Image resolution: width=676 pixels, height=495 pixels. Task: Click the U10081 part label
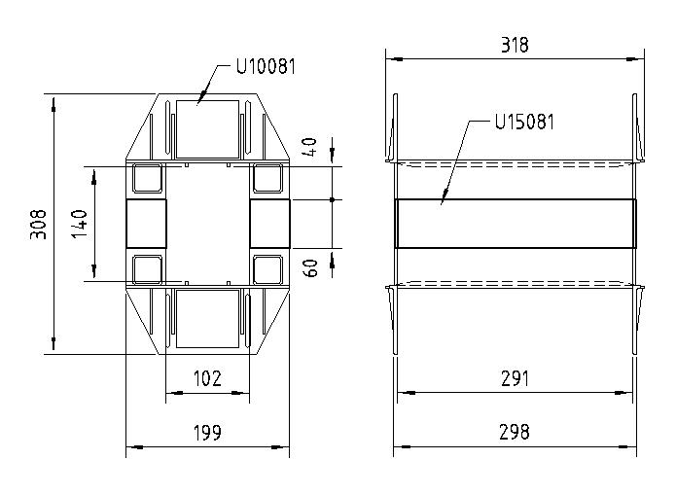click(266, 67)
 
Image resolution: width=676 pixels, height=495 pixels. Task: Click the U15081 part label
click(525, 123)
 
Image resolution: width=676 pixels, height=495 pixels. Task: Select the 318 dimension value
click(516, 45)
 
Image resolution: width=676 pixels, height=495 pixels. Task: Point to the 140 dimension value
click(80, 225)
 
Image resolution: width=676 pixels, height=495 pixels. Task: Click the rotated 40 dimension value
click(311, 148)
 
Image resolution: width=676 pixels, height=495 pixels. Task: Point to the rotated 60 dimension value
click(311, 267)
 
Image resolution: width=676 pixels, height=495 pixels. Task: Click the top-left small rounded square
click(148, 179)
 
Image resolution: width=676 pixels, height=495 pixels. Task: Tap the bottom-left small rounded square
click(148, 268)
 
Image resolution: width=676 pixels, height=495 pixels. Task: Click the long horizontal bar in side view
click(515, 224)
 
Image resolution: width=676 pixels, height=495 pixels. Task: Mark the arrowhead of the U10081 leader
click(198, 100)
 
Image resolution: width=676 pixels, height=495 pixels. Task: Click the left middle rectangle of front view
click(147, 224)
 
